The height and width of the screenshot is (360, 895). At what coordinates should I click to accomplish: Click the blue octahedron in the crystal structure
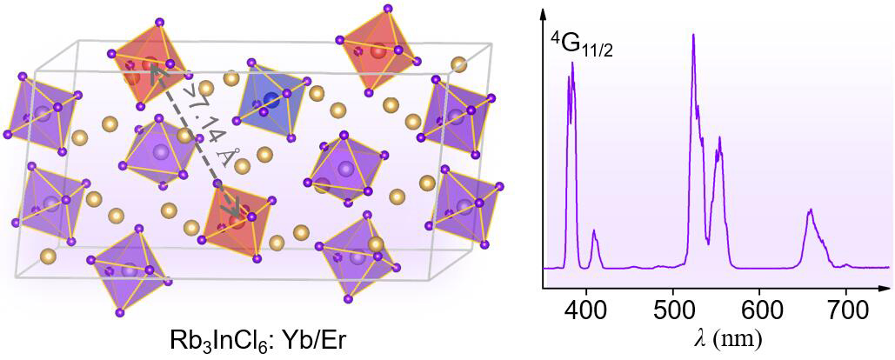pyautogui.click(x=272, y=100)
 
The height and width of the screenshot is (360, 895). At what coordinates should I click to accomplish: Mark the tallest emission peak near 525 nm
pyautogui.click(x=693, y=36)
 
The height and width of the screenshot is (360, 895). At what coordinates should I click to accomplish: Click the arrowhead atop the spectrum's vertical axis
pyautogui.click(x=544, y=13)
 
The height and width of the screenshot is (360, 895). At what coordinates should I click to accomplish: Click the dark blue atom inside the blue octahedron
pyautogui.click(x=272, y=101)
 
